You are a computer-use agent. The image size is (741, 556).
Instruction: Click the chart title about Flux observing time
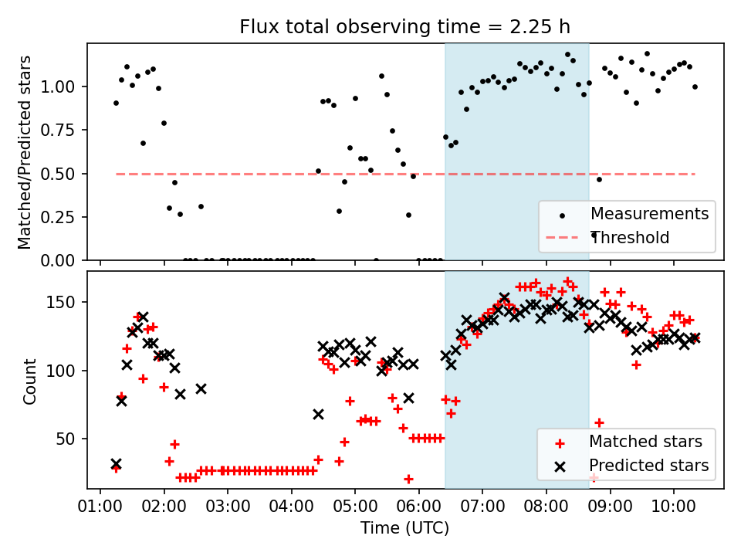point(404,27)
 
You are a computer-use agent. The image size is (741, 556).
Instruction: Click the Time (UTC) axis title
point(404,528)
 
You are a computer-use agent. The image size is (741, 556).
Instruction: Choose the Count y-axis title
point(30,381)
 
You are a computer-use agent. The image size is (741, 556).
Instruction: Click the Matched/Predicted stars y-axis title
point(25,151)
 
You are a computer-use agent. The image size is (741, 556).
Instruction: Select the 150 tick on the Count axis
point(68,302)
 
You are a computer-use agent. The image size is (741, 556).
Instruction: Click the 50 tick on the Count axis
point(71,439)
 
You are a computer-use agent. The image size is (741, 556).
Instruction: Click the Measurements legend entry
point(649,214)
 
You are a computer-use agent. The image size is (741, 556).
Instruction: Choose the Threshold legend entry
point(630,238)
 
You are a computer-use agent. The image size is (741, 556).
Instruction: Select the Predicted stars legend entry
point(648,466)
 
